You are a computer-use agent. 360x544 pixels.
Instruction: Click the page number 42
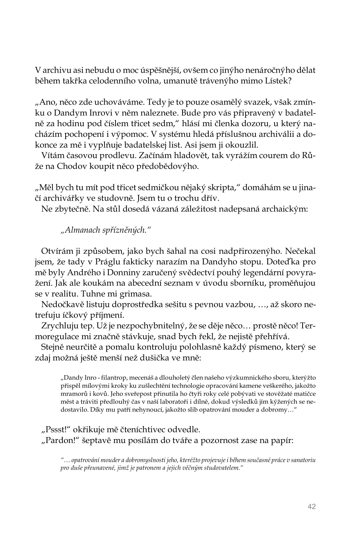(x=312, y=506)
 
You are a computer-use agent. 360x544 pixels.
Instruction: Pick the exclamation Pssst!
(x=57, y=430)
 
